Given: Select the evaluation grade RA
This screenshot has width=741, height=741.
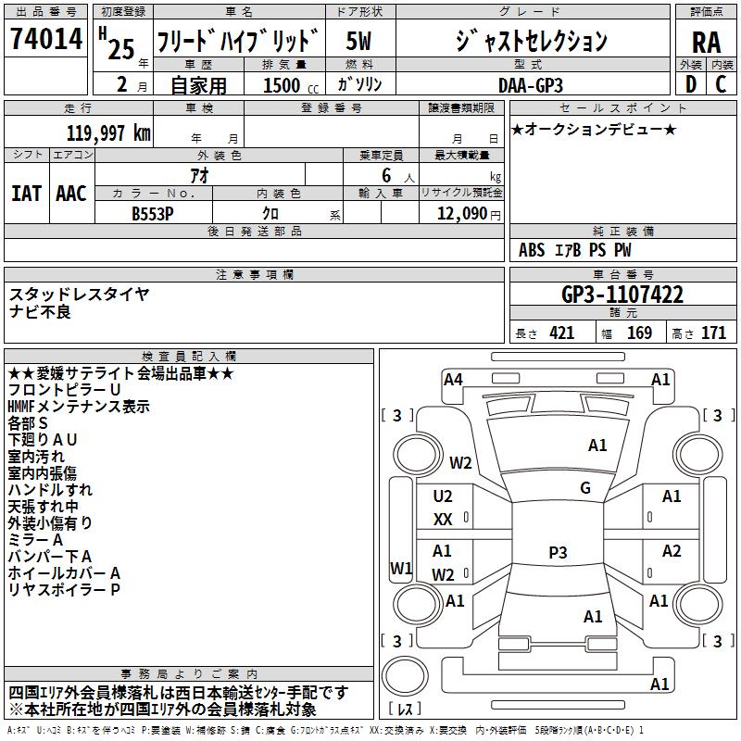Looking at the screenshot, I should tap(706, 41).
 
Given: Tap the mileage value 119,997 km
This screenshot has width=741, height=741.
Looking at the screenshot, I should tap(107, 133).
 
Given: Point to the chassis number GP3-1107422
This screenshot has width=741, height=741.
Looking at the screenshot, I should tap(623, 295).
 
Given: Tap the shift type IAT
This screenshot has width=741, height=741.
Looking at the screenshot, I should tap(26, 194).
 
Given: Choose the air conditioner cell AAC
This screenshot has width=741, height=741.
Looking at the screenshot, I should tap(71, 194).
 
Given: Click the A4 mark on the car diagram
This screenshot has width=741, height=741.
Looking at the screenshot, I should tap(453, 379).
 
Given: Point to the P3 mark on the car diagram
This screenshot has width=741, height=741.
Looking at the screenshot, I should tap(558, 553).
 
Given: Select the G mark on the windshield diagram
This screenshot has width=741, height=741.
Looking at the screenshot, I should tap(585, 487).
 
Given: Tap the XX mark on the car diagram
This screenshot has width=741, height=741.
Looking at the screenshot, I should tap(444, 520).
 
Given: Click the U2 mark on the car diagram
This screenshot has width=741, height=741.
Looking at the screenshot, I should tap(443, 496).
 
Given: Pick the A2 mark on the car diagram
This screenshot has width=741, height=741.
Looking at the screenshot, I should tap(672, 551).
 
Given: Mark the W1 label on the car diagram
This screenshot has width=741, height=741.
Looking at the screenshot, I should tap(401, 568).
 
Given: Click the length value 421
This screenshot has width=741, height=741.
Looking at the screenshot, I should tap(561, 333).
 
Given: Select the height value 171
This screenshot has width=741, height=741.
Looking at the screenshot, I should tap(713, 333).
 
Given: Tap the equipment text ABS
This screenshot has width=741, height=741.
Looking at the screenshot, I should tap(532, 250).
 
